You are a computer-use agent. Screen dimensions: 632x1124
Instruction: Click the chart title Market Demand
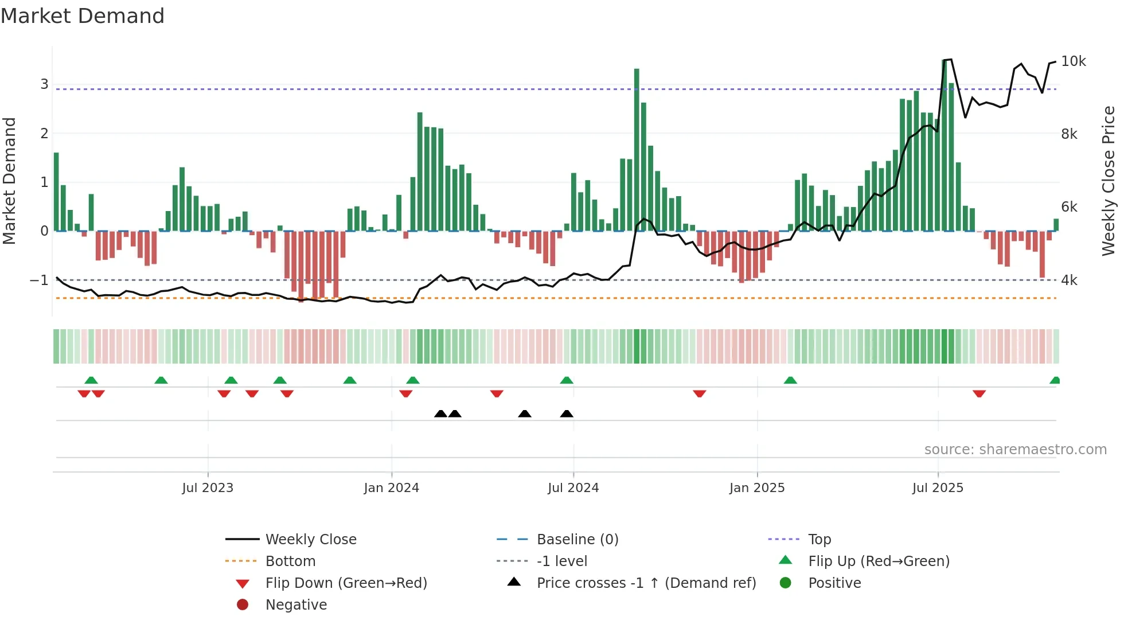(83, 16)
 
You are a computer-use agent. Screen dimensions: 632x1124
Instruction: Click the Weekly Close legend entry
(310, 539)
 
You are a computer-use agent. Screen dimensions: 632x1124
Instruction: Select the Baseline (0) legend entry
(577, 539)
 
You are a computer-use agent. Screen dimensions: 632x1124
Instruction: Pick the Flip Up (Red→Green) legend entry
(878, 561)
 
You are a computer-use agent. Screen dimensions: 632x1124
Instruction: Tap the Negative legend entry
(295, 604)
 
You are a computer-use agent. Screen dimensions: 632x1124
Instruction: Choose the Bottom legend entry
(290, 561)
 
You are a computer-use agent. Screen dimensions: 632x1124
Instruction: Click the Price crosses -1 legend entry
(646, 583)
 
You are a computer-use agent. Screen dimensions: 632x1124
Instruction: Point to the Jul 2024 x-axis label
(573, 487)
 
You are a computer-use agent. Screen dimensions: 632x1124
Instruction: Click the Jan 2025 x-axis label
(756, 487)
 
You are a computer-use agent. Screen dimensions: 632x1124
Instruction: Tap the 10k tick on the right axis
(1073, 61)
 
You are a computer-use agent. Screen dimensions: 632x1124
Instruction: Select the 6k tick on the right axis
(1069, 207)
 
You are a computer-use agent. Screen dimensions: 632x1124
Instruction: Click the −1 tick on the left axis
(40, 280)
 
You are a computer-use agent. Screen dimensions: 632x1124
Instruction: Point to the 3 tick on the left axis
(44, 84)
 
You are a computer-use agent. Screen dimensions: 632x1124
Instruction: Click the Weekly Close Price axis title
(1109, 181)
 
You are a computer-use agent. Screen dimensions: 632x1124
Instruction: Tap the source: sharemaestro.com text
(1015, 449)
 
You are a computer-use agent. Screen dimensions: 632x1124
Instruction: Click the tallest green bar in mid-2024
(637, 149)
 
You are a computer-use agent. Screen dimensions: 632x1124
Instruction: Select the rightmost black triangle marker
(567, 413)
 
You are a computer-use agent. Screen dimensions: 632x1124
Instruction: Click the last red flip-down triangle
(979, 393)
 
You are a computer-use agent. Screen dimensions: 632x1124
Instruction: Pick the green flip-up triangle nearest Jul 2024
(567, 380)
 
